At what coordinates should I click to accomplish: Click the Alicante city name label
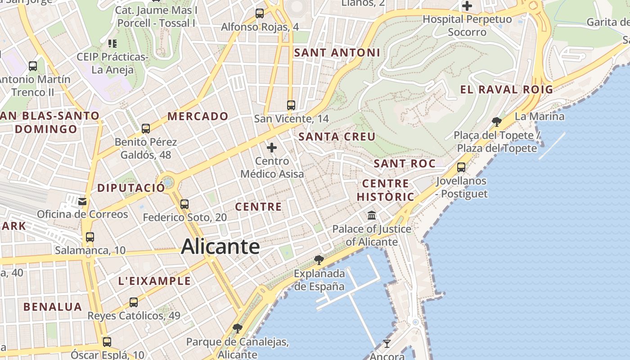tap(220, 247)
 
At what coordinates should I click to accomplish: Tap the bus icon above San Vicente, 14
tap(291, 105)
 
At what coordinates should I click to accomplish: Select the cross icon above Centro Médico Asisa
tap(272, 147)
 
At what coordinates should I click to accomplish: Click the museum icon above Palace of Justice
tap(372, 216)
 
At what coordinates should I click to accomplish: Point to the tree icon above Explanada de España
tap(319, 260)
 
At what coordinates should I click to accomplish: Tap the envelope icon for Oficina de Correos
tap(82, 201)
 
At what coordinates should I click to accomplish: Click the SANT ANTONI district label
tap(337, 53)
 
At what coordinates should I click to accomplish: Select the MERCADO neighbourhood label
tap(198, 116)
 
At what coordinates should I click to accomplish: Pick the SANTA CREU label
tap(337, 136)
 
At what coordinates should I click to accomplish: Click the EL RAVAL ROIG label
tap(506, 90)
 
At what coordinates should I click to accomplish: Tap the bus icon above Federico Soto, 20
tap(184, 204)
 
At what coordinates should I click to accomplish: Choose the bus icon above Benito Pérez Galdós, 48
tap(145, 129)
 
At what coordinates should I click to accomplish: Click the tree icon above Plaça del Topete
tap(497, 121)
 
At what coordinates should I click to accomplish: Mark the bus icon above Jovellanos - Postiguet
tap(461, 167)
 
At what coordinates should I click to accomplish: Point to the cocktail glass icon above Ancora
tap(387, 344)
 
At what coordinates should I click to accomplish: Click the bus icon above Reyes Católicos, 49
tap(134, 302)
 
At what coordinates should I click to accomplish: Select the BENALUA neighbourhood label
tap(53, 307)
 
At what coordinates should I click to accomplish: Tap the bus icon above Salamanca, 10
tap(90, 237)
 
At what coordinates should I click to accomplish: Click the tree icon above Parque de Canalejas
tap(237, 328)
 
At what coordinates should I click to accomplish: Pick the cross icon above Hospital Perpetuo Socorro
tap(467, 6)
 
